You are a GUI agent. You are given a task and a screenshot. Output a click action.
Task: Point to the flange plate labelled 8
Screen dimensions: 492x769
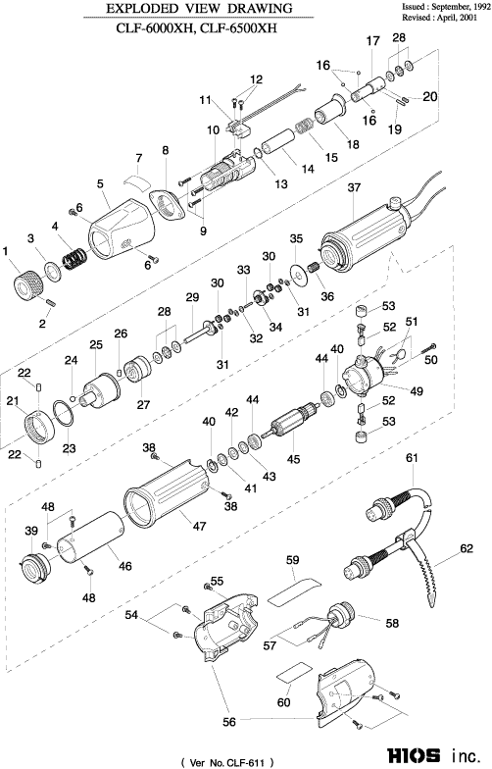click(167, 205)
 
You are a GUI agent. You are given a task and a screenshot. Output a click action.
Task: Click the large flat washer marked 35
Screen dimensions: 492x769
click(298, 275)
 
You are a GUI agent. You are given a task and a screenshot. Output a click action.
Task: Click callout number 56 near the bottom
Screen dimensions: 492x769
click(229, 722)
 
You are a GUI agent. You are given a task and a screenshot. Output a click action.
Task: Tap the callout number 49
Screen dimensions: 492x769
click(417, 390)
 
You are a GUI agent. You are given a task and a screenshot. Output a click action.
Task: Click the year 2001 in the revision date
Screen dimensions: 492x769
click(468, 18)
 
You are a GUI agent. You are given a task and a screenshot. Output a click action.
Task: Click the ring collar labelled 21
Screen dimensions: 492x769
click(39, 426)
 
